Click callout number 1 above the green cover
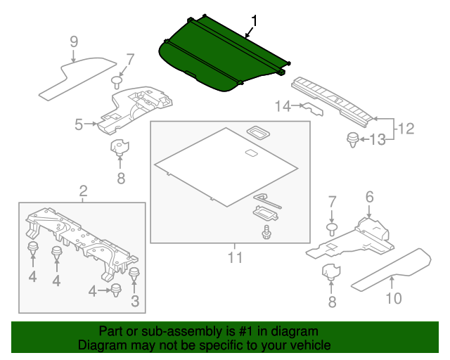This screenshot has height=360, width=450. coord(254,22)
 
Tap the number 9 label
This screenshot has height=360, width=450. coord(73,41)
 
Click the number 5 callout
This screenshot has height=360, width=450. coord(79,125)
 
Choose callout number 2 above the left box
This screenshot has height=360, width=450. coord(83,191)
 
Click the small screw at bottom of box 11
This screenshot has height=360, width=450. coord(267,232)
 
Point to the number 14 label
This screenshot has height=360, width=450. coord(283,106)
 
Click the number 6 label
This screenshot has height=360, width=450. coord(369,198)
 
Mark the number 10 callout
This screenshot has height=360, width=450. coord(393,299)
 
